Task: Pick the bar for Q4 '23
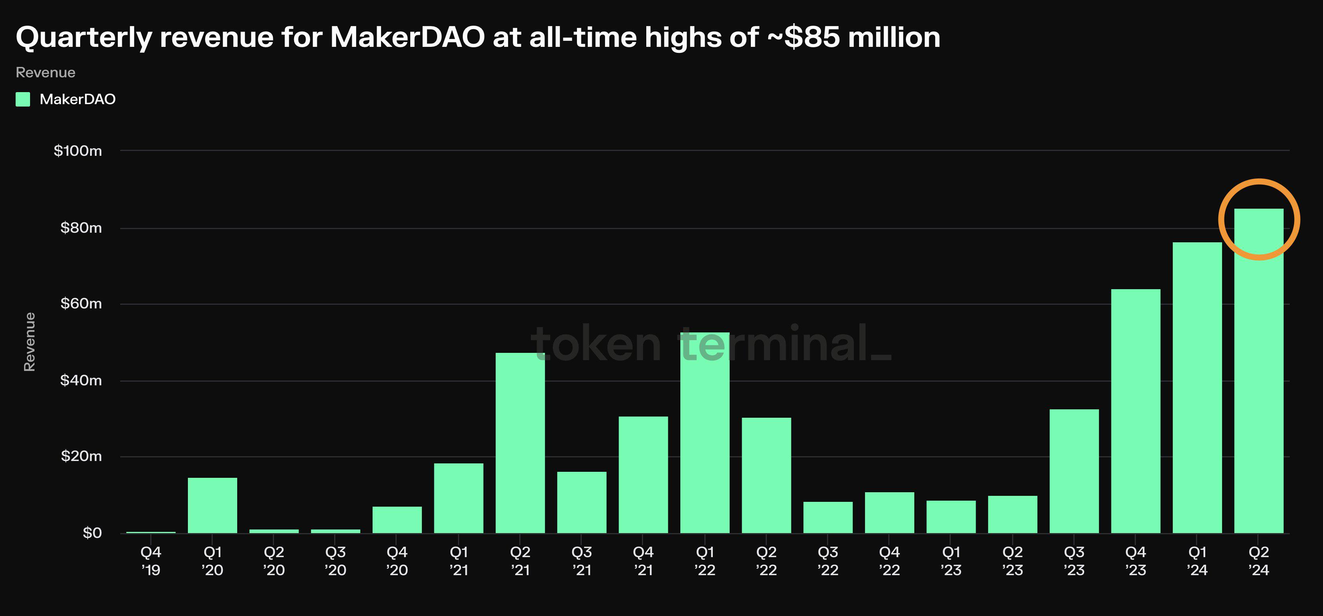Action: [x=1135, y=411]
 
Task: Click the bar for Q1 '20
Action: [x=212, y=505]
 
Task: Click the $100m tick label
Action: [x=78, y=151]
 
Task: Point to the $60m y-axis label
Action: [x=81, y=303]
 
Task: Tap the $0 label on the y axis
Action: [x=93, y=533]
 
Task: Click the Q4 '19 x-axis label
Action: [x=151, y=561]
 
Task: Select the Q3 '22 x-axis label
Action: [x=828, y=561]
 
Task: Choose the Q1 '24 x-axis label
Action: [x=1197, y=561]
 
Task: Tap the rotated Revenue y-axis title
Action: [x=30, y=341]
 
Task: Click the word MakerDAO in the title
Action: [x=407, y=37]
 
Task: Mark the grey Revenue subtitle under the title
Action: [x=46, y=72]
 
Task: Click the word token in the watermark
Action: [x=596, y=344]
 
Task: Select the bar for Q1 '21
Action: [x=458, y=498]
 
